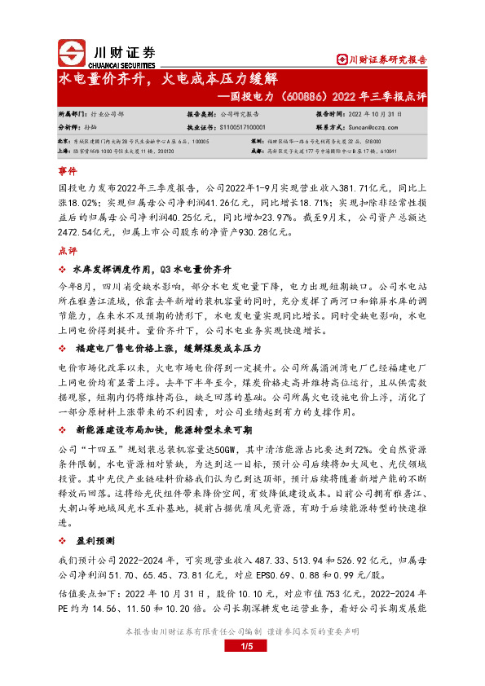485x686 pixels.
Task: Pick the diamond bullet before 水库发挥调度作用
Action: tap(63, 269)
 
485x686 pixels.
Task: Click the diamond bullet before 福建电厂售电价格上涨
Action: tap(63, 348)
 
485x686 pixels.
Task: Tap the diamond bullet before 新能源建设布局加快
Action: tap(63, 428)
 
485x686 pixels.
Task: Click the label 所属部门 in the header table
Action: tap(71, 115)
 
